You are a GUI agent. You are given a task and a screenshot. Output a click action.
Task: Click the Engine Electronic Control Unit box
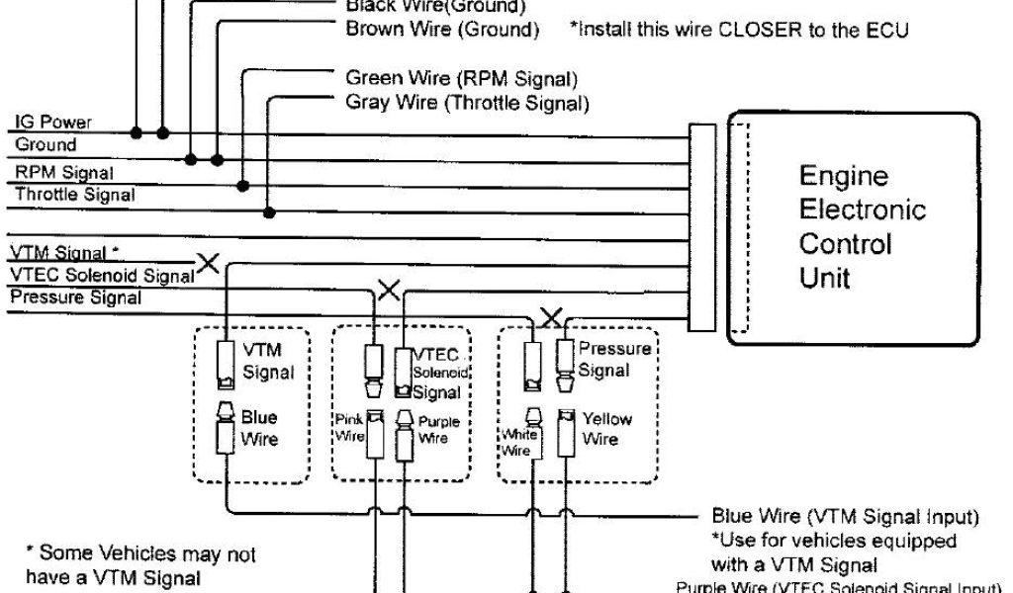tap(856, 228)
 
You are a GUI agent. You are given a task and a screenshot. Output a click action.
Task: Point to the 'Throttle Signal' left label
tap(74, 195)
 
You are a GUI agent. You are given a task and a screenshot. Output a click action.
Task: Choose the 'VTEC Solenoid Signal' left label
tap(101, 275)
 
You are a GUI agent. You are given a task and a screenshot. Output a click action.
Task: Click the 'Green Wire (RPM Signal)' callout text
tap(461, 78)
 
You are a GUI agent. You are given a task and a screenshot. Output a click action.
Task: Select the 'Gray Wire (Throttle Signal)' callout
tap(468, 102)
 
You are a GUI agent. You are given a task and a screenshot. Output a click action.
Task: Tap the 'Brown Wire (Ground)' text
tap(441, 30)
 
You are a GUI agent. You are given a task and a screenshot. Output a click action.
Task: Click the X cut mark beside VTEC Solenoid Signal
tap(209, 263)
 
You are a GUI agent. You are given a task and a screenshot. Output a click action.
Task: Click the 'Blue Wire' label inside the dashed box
tap(259, 427)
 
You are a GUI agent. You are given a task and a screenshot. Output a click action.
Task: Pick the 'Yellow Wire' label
tap(606, 428)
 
